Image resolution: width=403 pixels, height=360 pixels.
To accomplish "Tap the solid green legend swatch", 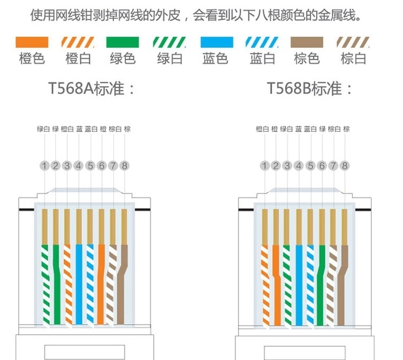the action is (123, 43).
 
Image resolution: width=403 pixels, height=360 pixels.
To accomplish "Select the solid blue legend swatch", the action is (215, 43).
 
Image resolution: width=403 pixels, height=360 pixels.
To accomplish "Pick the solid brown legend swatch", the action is (307, 43).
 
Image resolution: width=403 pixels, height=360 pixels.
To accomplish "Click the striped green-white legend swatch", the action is (169, 43).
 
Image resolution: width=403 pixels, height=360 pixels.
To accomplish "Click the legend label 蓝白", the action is (261, 60).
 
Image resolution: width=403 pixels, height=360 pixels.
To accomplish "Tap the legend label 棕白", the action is (353, 60).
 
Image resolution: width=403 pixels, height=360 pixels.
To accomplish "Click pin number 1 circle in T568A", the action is (44, 166).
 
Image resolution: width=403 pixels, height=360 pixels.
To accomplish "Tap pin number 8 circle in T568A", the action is (125, 166).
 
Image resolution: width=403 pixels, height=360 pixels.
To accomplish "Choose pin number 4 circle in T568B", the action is (298, 166).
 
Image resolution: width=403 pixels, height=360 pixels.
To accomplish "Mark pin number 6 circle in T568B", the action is (322, 166).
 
